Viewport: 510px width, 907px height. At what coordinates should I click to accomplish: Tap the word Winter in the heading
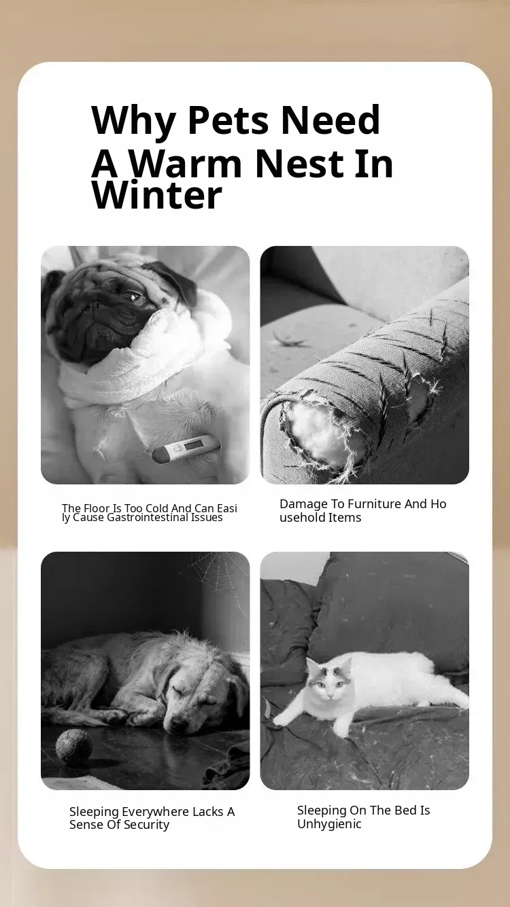pos(157,196)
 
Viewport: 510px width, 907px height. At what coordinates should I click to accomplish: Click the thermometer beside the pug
pos(186,448)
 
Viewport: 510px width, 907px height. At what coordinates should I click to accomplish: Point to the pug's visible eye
pos(132,297)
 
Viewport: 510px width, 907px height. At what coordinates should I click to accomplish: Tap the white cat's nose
pos(331,696)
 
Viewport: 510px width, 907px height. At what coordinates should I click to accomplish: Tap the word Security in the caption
pos(146,824)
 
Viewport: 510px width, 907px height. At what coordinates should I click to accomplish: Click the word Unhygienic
pos(329,823)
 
